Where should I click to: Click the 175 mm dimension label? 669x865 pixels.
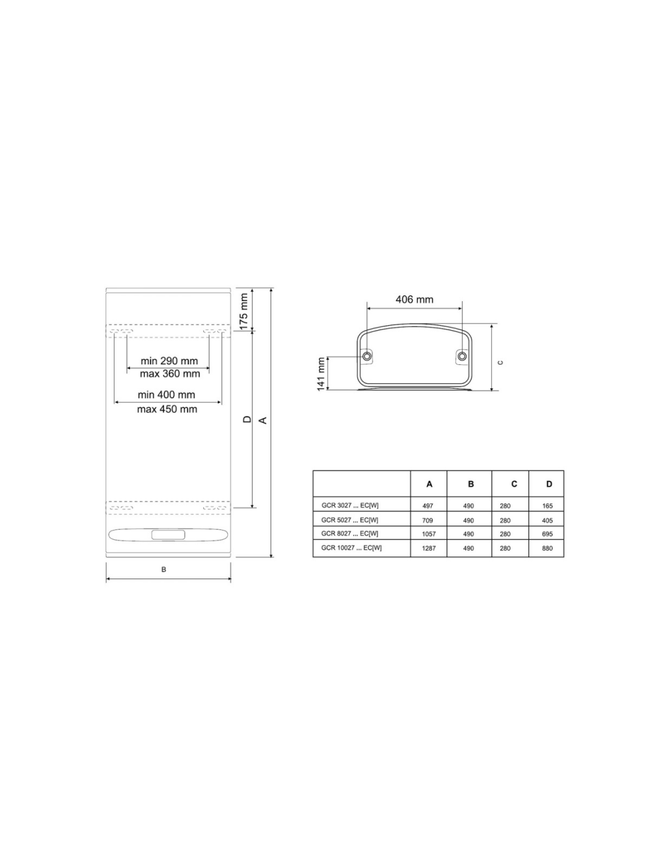point(244,311)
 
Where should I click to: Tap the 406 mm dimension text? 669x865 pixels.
point(414,299)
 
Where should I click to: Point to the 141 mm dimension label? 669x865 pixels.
point(321,374)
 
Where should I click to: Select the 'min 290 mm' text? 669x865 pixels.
point(169,361)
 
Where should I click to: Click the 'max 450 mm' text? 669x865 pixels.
point(167,409)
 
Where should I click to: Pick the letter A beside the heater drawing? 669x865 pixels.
point(263,420)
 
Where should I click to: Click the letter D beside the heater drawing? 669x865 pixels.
point(247,419)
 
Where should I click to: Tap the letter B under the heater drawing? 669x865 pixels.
point(164,569)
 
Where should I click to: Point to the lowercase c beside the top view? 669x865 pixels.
point(501,362)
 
